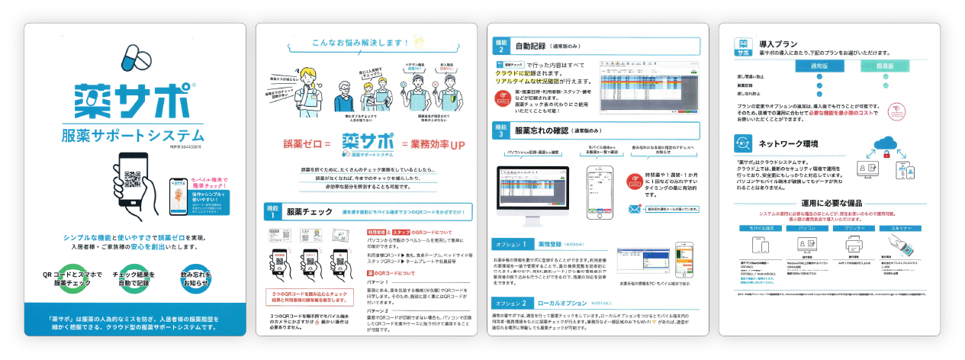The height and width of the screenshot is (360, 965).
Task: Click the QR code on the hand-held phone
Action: (x=132, y=178)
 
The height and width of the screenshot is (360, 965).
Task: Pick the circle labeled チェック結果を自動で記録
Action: (x=134, y=279)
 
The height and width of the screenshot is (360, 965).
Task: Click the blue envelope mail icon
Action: (x=634, y=209)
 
